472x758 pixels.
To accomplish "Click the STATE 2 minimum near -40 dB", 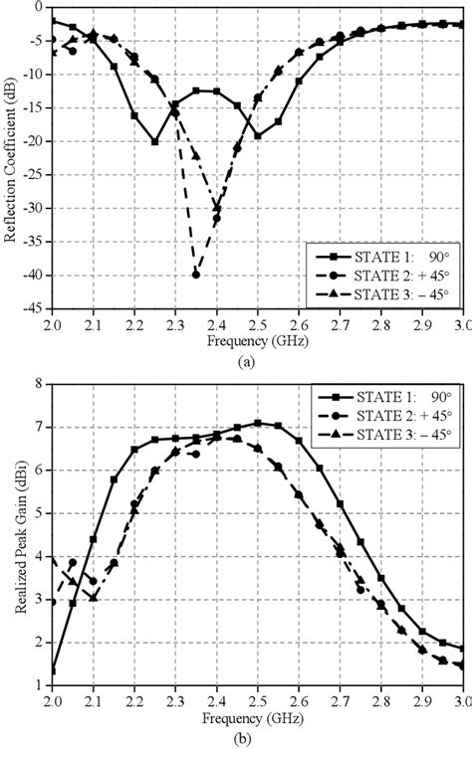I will (196, 275).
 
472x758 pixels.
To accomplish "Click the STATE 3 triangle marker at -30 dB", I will (217, 208).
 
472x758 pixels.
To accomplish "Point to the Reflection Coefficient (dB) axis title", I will (12, 159).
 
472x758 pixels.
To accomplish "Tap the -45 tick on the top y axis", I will (33, 308).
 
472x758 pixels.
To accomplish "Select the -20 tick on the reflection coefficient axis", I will (33, 141).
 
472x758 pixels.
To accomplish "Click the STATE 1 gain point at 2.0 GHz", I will (52, 670).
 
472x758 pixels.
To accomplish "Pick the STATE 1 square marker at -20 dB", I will (154, 141).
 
